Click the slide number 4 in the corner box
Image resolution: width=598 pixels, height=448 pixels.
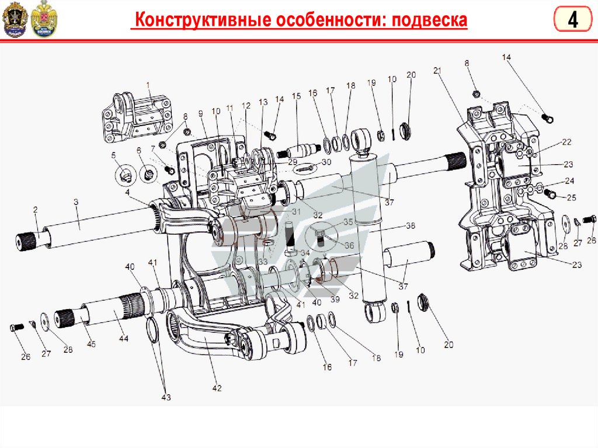(573, 20)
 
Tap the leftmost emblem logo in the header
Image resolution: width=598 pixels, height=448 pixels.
(15, 20)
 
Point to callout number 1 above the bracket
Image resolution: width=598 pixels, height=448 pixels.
(148, 86)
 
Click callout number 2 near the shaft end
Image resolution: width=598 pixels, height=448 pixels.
(35, 210)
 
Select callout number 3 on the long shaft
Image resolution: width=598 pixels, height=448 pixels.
(76, 202)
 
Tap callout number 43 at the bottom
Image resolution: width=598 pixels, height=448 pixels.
(166, 398)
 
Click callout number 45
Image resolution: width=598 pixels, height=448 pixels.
(91, 344)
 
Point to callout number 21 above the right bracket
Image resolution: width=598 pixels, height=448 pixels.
(437, 70)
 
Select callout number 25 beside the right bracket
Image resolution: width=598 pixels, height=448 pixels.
(571, 198)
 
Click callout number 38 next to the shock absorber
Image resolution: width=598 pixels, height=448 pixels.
(410, 226)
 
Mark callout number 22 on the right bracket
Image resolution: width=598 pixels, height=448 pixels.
(566, 142)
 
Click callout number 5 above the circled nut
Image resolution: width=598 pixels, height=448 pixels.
(114, 155)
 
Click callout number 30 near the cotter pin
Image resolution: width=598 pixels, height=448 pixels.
(326, 162)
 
